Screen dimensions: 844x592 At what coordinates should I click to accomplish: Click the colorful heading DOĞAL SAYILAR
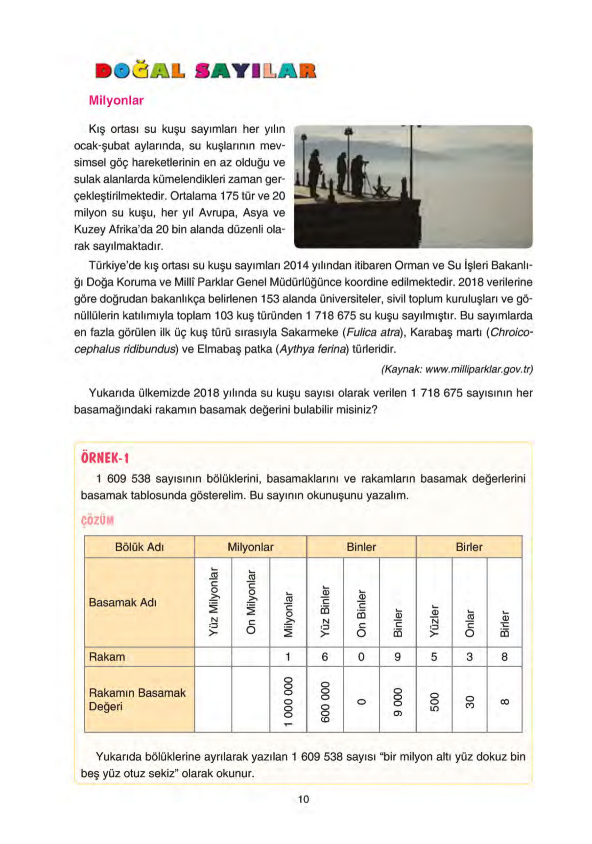pos(205,71)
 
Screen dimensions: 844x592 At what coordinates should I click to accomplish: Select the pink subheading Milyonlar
pos(116,100)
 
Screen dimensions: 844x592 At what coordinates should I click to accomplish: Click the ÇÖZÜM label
pos(97,521)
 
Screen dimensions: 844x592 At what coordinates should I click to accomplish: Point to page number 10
pos(303,799)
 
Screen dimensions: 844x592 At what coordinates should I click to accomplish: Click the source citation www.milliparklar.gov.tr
pos(457,369)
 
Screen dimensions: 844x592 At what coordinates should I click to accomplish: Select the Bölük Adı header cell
pos(139,547)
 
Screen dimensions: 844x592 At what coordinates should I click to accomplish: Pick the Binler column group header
pos(361,547)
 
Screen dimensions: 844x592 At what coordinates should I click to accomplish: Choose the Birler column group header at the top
pos(468,547)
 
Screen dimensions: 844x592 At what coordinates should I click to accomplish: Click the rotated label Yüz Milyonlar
pos(213,602)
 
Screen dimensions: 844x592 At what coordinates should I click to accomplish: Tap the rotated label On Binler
pos(361,613)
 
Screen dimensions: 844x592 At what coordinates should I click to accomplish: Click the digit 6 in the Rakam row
pos(324,657)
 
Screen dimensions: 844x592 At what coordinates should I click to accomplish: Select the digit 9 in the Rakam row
pos(397,657)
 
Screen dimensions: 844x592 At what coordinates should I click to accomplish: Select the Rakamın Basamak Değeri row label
pos(137,699)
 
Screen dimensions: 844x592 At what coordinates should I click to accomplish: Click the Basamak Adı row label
pos(123,602)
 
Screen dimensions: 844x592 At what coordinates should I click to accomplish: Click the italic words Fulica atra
pos(373,332)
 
